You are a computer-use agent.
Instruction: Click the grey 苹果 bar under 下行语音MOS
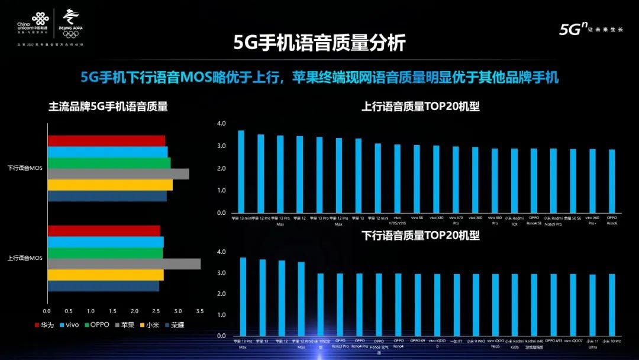pyautogui.click(x=118, y=173)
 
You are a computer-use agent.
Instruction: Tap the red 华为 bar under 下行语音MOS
pyautogui.click(x=106, y=141)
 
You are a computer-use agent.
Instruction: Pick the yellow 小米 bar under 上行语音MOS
pyautogui.click(x=105, y=275)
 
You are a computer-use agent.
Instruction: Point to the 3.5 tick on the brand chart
pyautogui.click(x=200, y=311)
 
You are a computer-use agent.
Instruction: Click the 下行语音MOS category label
pyautogui.click(x=25, y=168)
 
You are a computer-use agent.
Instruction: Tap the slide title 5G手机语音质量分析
pyautogui.click(x=320, y=44)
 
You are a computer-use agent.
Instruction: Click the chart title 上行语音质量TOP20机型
pyautogui.click(x=420, y=107)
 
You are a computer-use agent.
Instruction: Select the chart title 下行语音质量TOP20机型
pyautogui.click(x=420, y=235)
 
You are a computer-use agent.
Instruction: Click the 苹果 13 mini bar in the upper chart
pyautogui.click(x=241, y=172)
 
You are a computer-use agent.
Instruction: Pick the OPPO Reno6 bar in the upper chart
pyautogui.click(x=612, y=181)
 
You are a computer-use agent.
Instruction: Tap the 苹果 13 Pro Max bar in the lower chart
pyautogui.click(x=243, y=296)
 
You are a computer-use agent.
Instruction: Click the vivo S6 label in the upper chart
pyautogui.click(x=417, y=218)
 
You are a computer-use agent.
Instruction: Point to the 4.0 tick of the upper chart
pyautogui.click(x=221, y=123)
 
